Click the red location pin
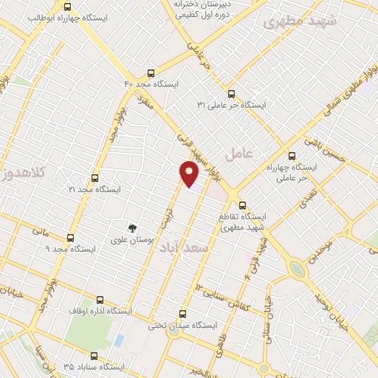tap(189, 173)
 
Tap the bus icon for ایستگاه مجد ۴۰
tap(151, 73)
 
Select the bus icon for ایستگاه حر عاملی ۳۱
tap(231, 94)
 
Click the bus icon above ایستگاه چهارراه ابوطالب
tap(69, 7)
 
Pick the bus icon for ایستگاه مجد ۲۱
tap(94, 178)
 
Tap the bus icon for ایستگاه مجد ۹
tap(71, 238)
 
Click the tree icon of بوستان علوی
tap(132, 228)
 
